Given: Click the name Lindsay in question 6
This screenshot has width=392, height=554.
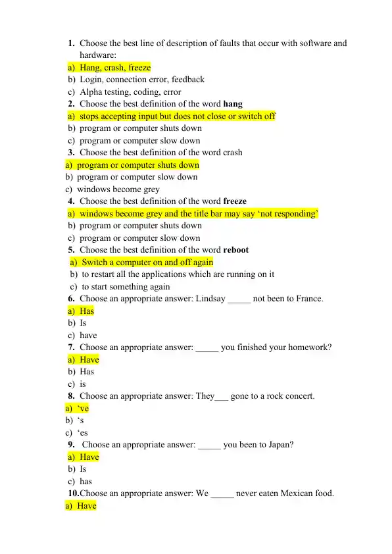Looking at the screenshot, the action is [210, 299].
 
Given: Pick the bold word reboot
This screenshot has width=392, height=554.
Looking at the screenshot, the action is [236, 250].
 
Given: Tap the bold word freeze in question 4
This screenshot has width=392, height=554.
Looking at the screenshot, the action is [235, 201].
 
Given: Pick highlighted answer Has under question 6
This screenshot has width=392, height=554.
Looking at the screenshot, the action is [87, 311].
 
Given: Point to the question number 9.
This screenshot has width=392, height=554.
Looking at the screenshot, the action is [71, 445].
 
